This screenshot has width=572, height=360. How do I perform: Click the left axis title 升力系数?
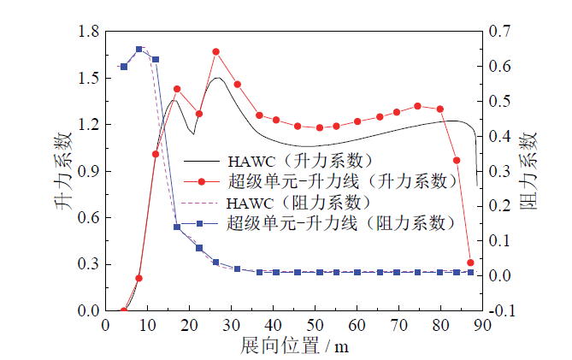coord(71,171)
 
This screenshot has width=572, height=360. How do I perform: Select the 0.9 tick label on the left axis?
coord(89,171)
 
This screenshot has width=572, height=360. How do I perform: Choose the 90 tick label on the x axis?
coord(483,326)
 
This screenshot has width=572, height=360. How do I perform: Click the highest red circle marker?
coord(215,51)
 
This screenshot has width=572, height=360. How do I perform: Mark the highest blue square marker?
coord(139,50)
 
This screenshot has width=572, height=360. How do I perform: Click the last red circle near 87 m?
coord(470,263)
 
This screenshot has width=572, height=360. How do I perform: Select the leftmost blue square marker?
coord(123,67)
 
